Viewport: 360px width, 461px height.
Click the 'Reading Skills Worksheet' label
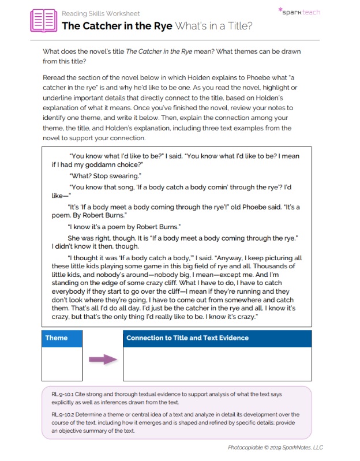tap(100, 13)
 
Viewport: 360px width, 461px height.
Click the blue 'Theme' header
tap(57, 338)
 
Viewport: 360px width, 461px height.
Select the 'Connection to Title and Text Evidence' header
tap(187, 338)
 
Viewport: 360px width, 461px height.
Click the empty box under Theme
tap(62, 363)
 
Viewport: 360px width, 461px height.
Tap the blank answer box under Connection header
tap(217, 363)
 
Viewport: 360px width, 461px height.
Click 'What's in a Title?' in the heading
tap(213, 26)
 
